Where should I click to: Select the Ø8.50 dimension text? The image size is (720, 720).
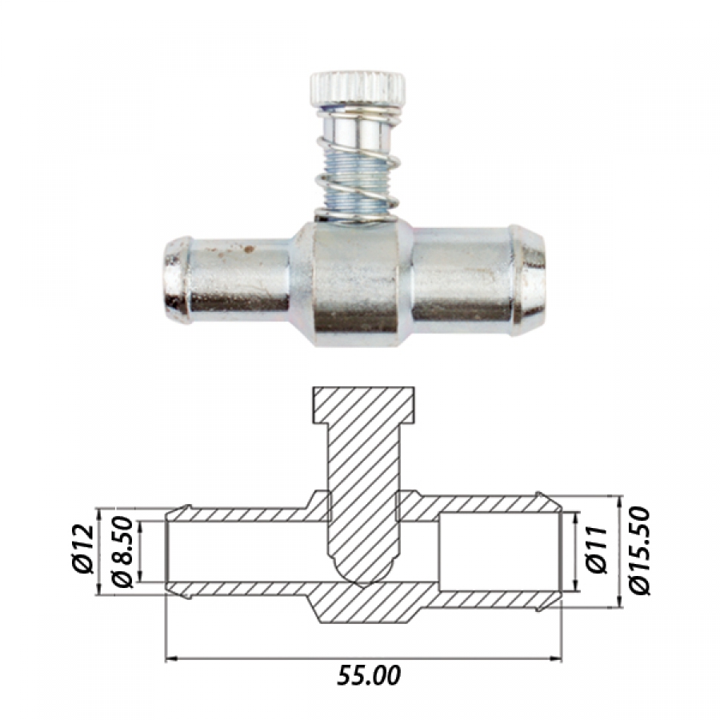[122, 552]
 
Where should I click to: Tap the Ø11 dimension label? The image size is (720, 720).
[598, 550]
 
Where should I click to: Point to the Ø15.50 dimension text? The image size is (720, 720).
[639, 550]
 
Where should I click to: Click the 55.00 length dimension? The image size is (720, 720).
[369, 675]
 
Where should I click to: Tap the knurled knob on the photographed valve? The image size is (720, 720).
[358, 89]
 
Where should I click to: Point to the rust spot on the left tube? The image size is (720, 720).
[250, 250]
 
